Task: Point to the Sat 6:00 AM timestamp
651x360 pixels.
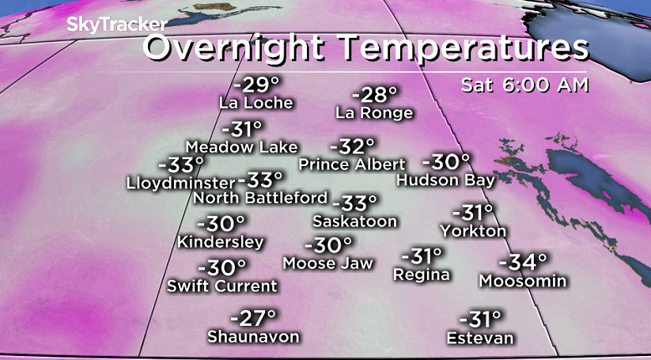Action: (x=525, y=85)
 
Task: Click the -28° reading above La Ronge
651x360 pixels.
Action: (x=373, y=95)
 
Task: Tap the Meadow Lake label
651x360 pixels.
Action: (x=241, y=147)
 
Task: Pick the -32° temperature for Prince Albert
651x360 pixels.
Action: (x=351, y=146)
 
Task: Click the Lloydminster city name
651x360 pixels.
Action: (x=180, y=183)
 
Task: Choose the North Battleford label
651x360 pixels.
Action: (x=260, y=197)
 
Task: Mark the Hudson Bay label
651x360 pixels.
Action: (x=446, y=180)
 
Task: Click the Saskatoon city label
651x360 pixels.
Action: (x=354, y=221)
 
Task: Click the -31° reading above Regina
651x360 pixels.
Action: (x=421, y=257)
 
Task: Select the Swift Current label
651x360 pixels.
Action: (x=222, y=286)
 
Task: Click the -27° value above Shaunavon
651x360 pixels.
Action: (x=253, y=318)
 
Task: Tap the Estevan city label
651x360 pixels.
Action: (x=480, y=339)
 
